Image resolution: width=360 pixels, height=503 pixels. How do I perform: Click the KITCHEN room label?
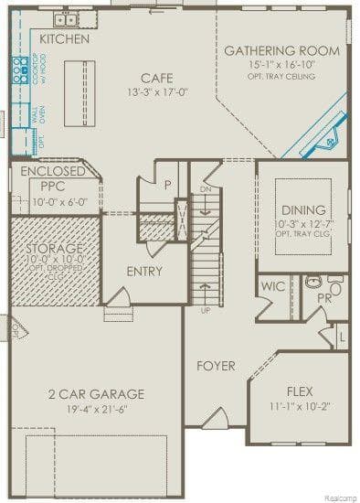pyautogui.click(x=65, y=39)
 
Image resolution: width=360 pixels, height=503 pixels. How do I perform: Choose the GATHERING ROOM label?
pyautogui.click(x=281, y=50)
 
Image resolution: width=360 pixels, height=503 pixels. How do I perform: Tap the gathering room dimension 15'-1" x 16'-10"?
pyautogui.click(x=281, y=65)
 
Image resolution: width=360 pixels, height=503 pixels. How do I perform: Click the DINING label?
pyautogui.click(x=302, y=209)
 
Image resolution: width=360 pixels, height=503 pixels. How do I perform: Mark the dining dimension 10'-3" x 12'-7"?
pyautogui.click(x=302, y=223)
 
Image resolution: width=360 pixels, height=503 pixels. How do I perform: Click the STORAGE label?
pyautogui.click(x=54, y=248)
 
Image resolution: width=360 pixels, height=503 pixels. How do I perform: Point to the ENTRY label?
pyautogui.click(x=144, y=271)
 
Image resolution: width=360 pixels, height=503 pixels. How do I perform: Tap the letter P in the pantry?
pyautogui.click(x=167, y=184)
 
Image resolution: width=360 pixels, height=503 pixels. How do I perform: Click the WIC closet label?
pyautogui.click(x=273, y=286)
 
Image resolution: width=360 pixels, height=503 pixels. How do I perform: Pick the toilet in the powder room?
pyautogui.click(x=335, y=289)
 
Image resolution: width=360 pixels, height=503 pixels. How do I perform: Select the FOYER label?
pyautogui.click(x=216, y=366)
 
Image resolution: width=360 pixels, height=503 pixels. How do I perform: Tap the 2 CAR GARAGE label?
pyautogui.click(x=96, y=394)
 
